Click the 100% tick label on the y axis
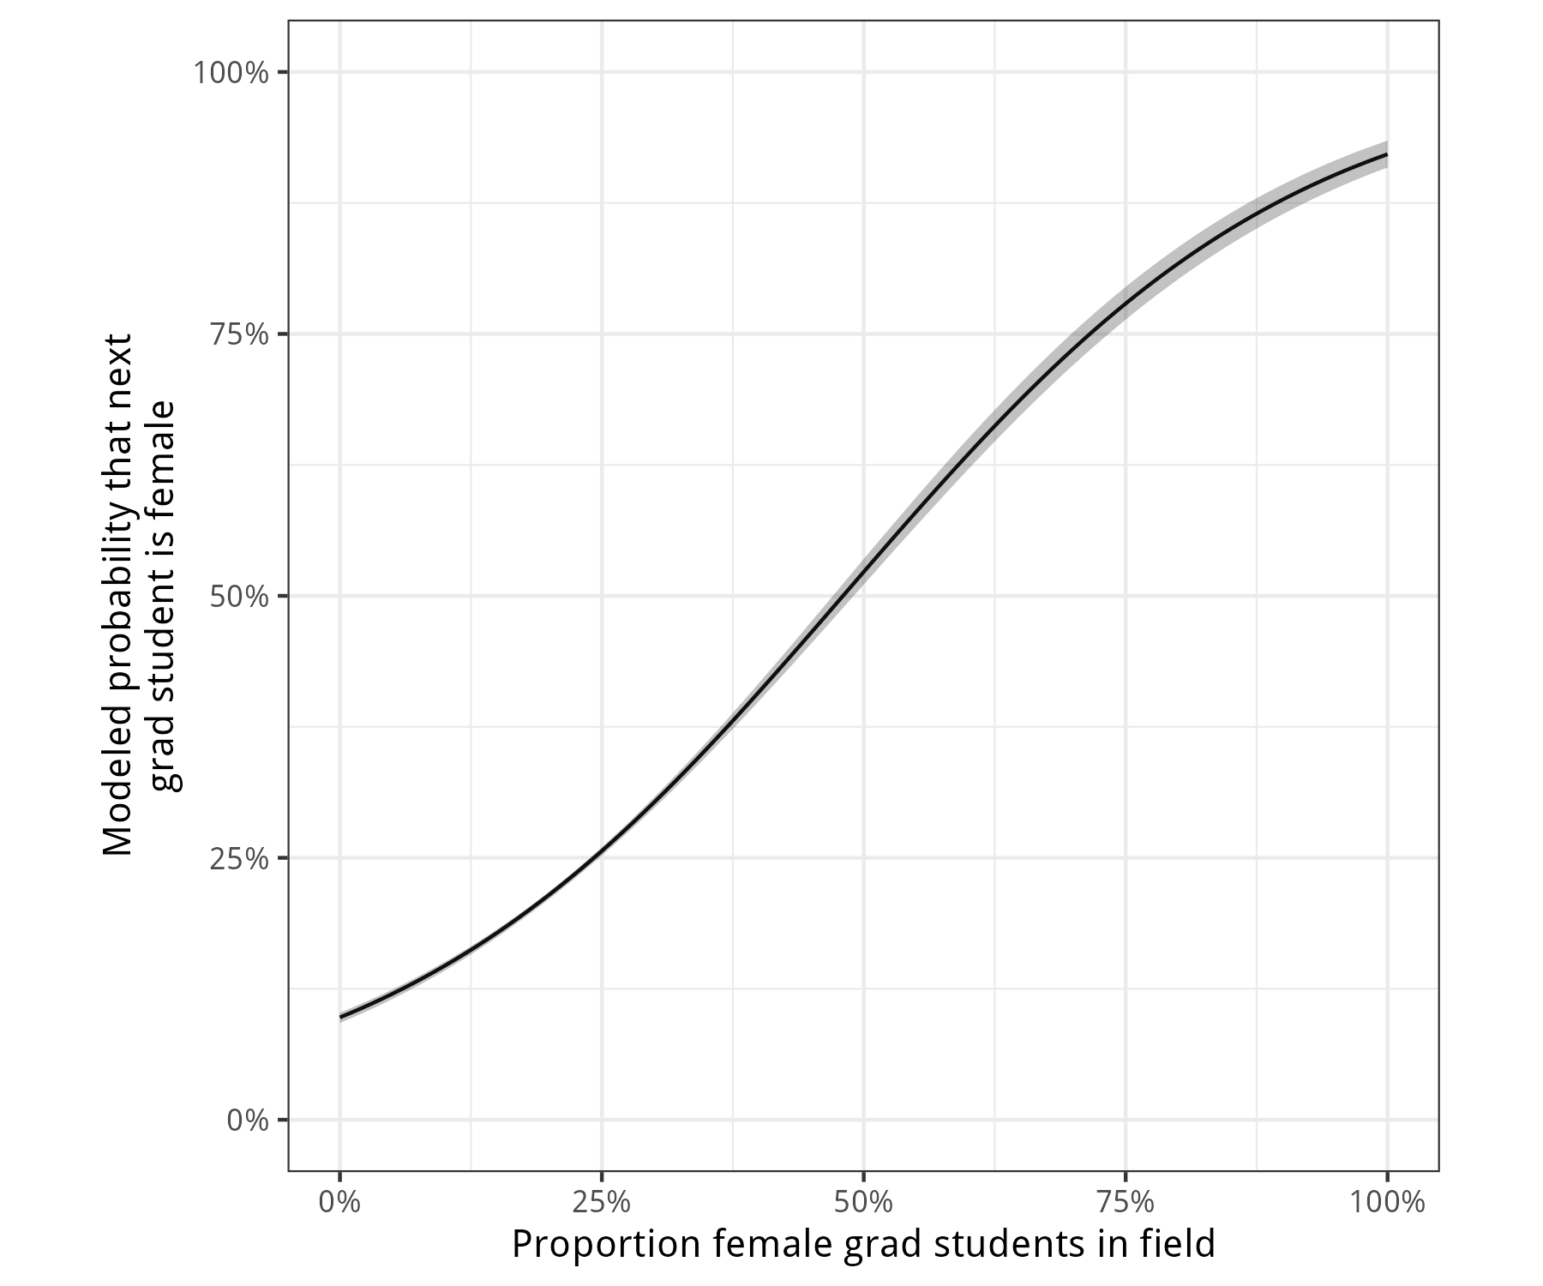(231, 73)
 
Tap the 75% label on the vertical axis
(239, 334)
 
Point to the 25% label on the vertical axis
(239, 858)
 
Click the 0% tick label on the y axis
(248, 1120)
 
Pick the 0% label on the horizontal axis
(340, 1202)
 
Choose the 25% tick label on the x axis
(602, 1202)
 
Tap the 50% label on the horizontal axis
(863, 1202)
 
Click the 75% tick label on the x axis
(1125, 1202)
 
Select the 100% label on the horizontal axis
(1387, 1202)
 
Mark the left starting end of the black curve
(341, 1017)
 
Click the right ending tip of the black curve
(1386, 154)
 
